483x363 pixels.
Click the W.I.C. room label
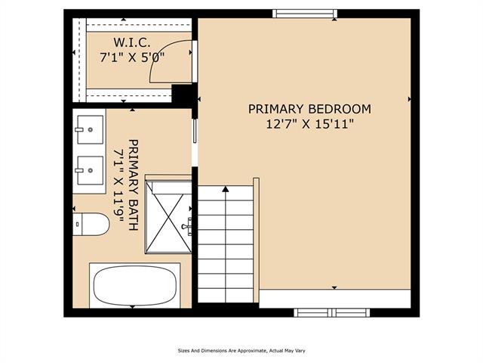click(x=132, y=42)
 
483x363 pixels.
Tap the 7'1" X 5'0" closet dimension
click(x=132, y=57)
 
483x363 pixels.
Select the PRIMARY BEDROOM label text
click(x=309, y=109)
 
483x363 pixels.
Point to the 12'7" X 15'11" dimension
click(x=309, y=124)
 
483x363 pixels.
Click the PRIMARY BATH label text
click(x=134, y=185)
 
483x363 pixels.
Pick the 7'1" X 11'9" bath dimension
click(x=118, y=185)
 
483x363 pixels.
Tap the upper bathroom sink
click(x=90, y=129)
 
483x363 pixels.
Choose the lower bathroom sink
click(x=90, y=170)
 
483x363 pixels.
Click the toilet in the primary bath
click(x=91, y=224)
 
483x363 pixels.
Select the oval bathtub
click(x=135, y=286)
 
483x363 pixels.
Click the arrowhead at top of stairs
click(x=226, y=189)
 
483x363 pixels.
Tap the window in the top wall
click(x=305, y=14)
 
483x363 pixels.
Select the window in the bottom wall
click(x=332, y=312)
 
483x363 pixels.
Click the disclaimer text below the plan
click(x=241, y=351)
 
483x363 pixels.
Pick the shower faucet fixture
click(x=187, y=225)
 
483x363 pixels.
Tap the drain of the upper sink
click(x=91, y=129)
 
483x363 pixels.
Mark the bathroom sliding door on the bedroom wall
click(x=195, y=131)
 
